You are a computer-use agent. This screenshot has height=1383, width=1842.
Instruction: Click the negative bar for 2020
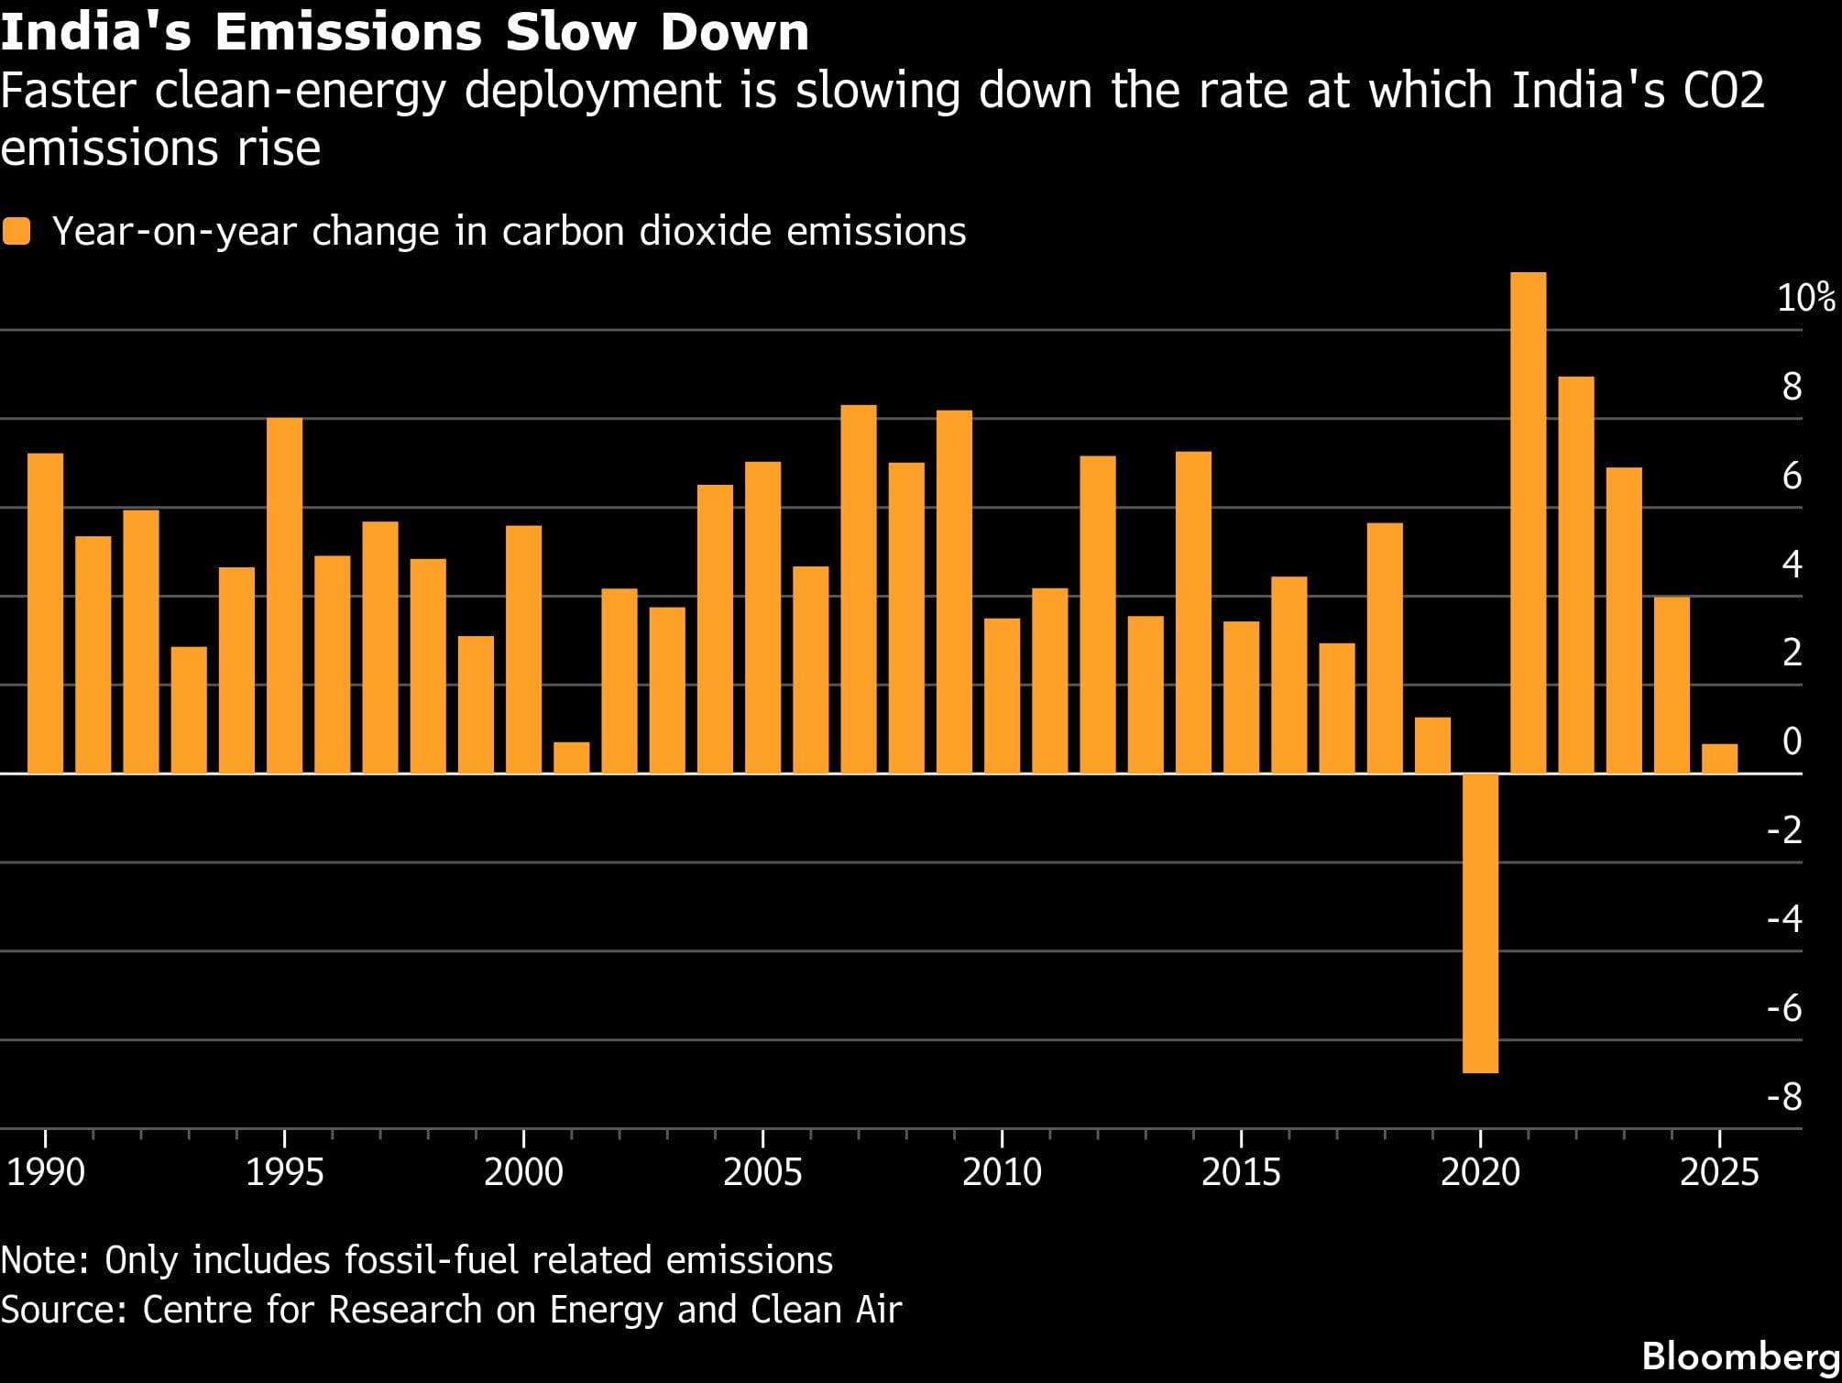tap(1480, 922)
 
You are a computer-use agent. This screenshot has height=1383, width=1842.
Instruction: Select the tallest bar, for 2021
tap(1528, 522)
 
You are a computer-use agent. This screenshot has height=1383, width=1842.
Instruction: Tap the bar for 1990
tap(45, 613)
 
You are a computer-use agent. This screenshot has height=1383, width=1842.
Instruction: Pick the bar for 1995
tap(284, 596)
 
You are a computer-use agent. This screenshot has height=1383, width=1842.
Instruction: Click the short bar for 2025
tap(1719, 759)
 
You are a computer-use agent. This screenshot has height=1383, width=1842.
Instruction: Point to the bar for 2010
tap(1002, 696)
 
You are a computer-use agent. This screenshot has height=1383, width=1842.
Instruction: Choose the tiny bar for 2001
tap(572, 758)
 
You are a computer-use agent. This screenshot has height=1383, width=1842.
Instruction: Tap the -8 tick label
tap(1784, 1096)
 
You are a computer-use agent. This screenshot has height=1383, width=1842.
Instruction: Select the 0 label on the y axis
tap(1792, 741)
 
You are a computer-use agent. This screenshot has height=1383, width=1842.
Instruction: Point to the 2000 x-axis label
tap(523, 1172)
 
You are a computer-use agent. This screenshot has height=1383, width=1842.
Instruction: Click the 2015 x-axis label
tap(1241, 1172)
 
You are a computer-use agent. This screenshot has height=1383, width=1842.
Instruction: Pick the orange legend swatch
tap(16, 231)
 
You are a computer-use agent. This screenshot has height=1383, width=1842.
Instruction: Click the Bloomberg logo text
tap(1740, 1356)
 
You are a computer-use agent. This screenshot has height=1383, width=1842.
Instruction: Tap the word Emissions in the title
tap(347, 32)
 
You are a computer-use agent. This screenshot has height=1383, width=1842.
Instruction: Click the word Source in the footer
tap(62, 1310)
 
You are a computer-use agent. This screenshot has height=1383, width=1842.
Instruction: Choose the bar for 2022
tap(1576, 575)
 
